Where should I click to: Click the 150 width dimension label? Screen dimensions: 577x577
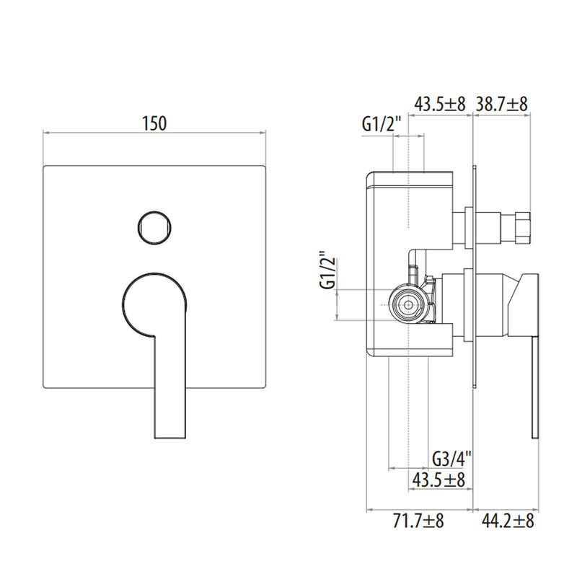(x=154, y=123)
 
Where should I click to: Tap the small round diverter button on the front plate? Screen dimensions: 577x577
(x=154, y=227)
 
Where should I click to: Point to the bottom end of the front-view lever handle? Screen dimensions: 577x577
(x=169, y=438)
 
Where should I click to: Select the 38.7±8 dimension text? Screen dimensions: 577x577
(x=502, y=104)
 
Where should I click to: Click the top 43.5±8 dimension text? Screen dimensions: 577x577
(x=440, y=104)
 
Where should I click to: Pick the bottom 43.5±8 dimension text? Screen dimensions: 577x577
(x=439, y=480)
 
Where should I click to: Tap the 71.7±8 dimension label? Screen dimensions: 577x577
(x=418, y=521)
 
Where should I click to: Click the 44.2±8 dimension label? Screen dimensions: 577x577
(x=508, y=521)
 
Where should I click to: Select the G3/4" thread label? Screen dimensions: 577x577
(x=452, y=459)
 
